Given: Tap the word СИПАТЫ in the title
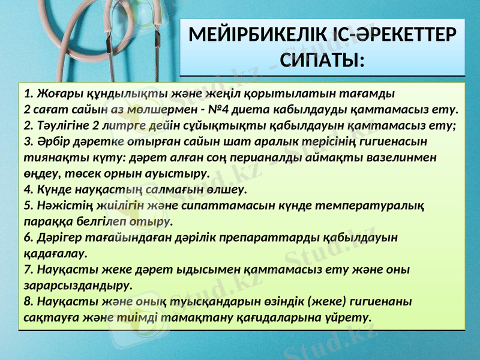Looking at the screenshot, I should click(x=321, y=61).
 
